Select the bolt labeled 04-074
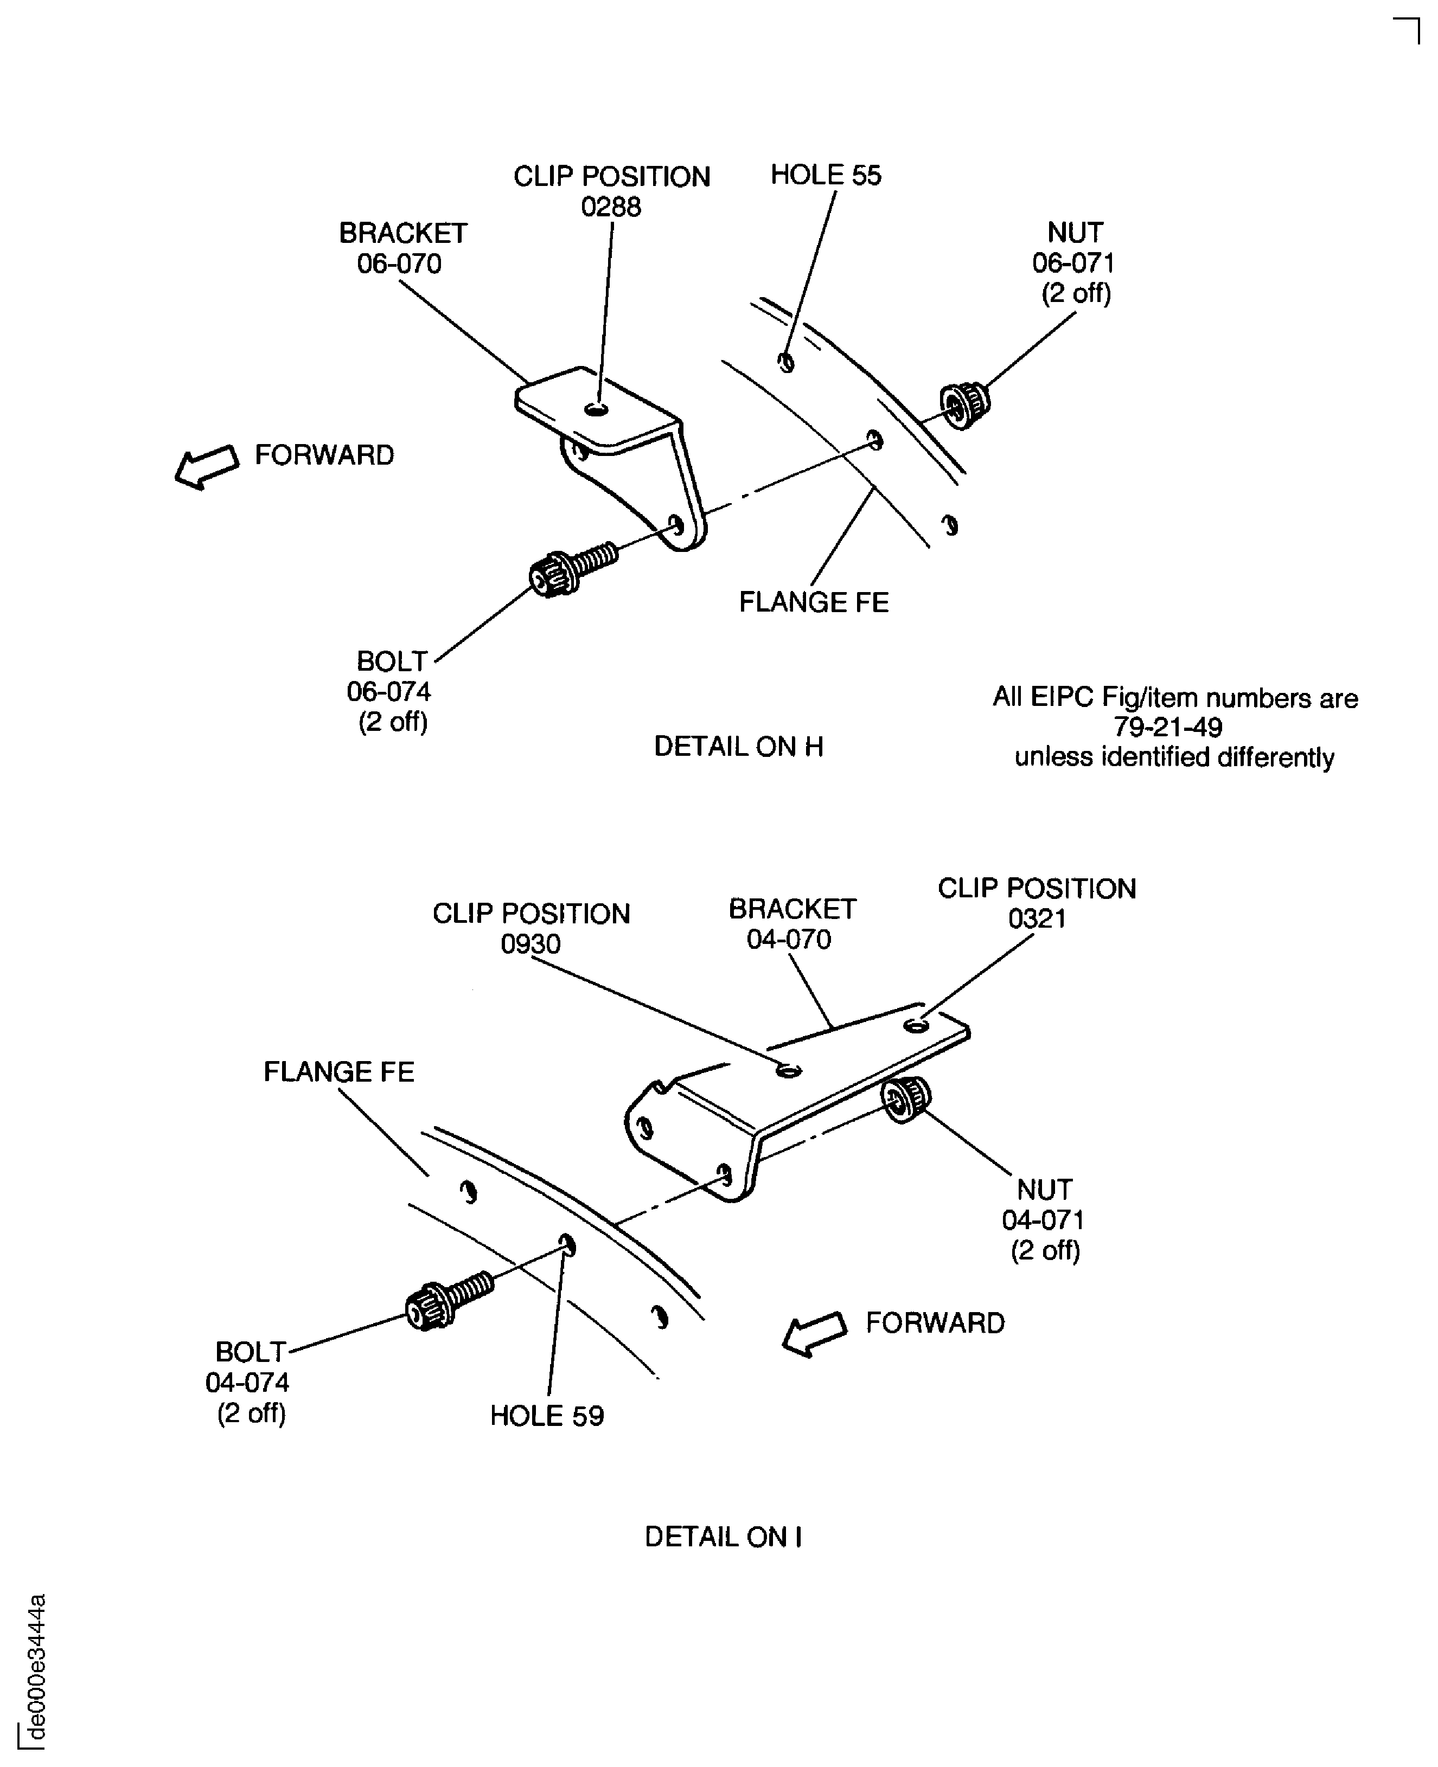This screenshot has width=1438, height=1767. click(448, 1301)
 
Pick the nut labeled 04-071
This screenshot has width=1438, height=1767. click(905, 1100)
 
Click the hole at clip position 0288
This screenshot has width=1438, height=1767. click(596, 409)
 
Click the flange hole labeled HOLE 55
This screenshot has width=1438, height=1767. click(786, 362)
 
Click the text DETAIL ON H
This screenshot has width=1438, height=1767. click(738, 746)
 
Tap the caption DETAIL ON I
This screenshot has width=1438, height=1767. click(723, 1537)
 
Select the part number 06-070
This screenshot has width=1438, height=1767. click(399, 264)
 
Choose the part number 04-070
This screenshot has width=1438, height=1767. click(789, 939)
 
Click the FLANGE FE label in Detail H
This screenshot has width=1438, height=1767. click(814, 602)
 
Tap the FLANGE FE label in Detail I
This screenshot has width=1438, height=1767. click(338, 1071)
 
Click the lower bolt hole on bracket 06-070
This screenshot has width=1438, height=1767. click(676, 525)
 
